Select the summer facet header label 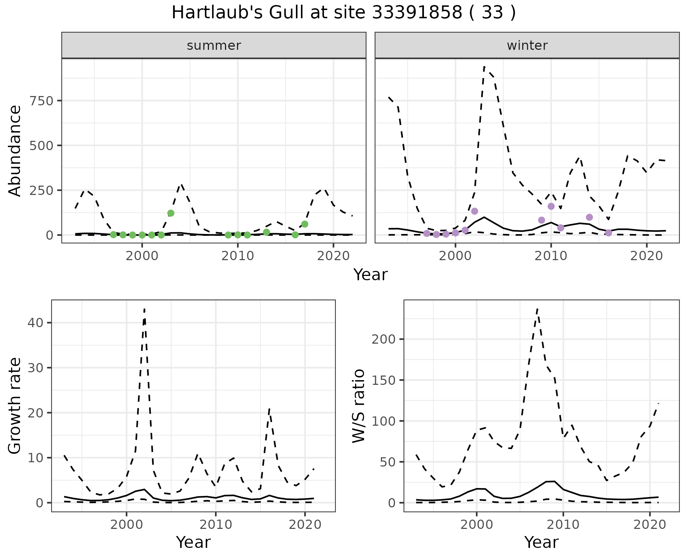tap(214, 46)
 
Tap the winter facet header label tap(527, 46)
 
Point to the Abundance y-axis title tap(15, 150)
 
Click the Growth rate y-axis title tap(15, 406)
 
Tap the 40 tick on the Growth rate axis tap(35, 323)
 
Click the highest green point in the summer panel tap(171, 213)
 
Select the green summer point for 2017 tap(305, 224)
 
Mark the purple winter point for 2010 tap(551, 206)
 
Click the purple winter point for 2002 tap(475, 211)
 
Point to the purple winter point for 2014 tap(589, 217)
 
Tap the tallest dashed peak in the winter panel tap(484, 67)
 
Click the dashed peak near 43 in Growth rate tap(144, 309)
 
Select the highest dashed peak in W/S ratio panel tap(537, 309)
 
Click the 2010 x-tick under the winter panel tap(551, 256)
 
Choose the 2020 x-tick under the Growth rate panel tap(305, 525)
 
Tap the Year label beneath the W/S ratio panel tap(541, 543)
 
